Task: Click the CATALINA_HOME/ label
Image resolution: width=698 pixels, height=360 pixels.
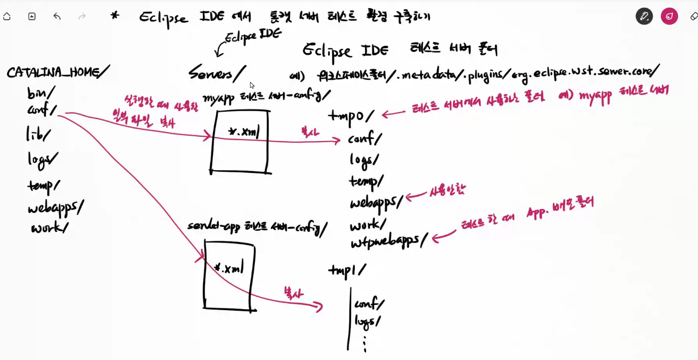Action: tap(57, 72)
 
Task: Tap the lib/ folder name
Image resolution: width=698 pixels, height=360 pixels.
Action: tap(38, 133)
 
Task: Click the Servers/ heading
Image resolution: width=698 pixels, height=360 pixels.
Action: tap(217, 73)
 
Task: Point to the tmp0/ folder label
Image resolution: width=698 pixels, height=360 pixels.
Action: tap(351, 116)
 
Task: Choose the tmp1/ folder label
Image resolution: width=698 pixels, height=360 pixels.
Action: tap(347, 270)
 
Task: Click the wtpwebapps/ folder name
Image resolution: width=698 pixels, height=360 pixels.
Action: tap(389, 241)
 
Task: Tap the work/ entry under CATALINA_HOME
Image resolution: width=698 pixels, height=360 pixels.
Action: tap(49, 228)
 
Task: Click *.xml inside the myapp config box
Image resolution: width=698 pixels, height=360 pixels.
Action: tap(243, 132)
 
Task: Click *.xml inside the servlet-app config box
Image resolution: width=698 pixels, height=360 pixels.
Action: tap(229, 268)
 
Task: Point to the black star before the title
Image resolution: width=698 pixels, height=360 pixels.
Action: tap(114, 16)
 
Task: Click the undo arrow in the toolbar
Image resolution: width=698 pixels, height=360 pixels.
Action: tap(57, 16)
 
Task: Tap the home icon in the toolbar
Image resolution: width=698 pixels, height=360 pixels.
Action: tap(7, 16)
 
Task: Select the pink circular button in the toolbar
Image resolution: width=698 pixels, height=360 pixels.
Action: tap(669, 16)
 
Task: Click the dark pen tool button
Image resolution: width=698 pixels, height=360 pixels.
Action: tap(644, 16)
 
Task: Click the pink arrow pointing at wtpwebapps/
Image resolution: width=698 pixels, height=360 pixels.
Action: tap(444, 236)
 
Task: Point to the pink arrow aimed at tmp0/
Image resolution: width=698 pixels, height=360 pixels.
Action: tap(395, 114)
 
